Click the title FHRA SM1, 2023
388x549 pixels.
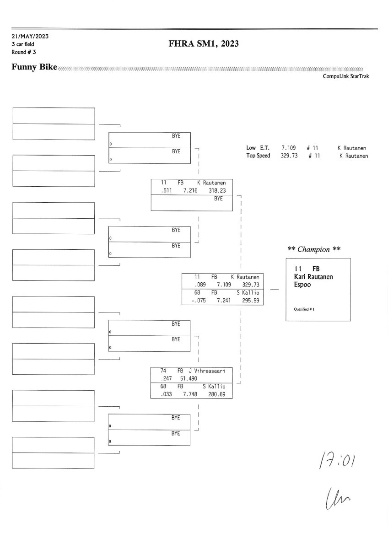[x=204, y=44]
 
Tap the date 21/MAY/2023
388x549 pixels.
[x=30, y=36]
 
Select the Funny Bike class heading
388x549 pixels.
[x=34, y=68]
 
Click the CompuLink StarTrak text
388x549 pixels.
[x=345, y=76]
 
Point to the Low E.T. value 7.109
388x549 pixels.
[x=289, y=148]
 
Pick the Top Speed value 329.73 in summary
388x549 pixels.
[x=289, y=156]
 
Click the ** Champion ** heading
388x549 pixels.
[x=314, y=249]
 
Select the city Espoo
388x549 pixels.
[x=302, y=284]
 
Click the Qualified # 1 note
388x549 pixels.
[x=304, y=309]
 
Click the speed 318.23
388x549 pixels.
[x=217, y=191]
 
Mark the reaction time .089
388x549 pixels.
[x=200, y=285]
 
